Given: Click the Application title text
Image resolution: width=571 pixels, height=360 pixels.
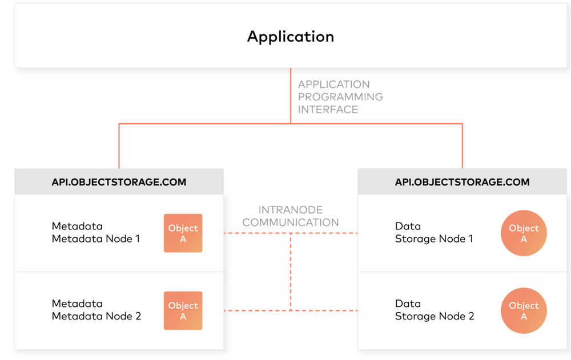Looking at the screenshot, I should [290, 37].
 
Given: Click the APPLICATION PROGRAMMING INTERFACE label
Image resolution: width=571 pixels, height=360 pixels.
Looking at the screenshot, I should [340, 97].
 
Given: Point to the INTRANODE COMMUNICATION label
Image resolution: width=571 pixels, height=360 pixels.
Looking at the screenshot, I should [290, 216].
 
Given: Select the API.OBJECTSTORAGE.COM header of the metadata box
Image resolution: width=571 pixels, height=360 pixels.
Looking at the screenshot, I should [119, 182].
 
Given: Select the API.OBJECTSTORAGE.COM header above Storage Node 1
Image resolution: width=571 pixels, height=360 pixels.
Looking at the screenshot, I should [462, 182].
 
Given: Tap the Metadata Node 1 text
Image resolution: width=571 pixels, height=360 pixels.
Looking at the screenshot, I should [95, 239].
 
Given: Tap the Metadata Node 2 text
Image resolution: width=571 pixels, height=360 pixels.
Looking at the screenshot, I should [96, 316].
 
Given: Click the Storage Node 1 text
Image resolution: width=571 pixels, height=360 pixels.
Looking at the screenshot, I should [434, 239].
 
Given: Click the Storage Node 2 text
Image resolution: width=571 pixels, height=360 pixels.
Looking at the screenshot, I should [434, 316].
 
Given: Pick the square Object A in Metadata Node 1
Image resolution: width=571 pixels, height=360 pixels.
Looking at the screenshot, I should [183, 233].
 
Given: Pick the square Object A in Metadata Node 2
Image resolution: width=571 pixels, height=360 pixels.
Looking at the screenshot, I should [183, 311].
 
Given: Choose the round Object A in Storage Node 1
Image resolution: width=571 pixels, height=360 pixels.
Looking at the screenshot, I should [524, 233].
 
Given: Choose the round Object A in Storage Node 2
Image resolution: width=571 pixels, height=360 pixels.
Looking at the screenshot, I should [524, 311].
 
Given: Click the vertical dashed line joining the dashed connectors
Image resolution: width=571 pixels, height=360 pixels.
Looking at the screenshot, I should [291, 272].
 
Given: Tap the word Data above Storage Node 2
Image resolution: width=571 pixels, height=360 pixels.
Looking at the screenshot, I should [408, 304].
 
